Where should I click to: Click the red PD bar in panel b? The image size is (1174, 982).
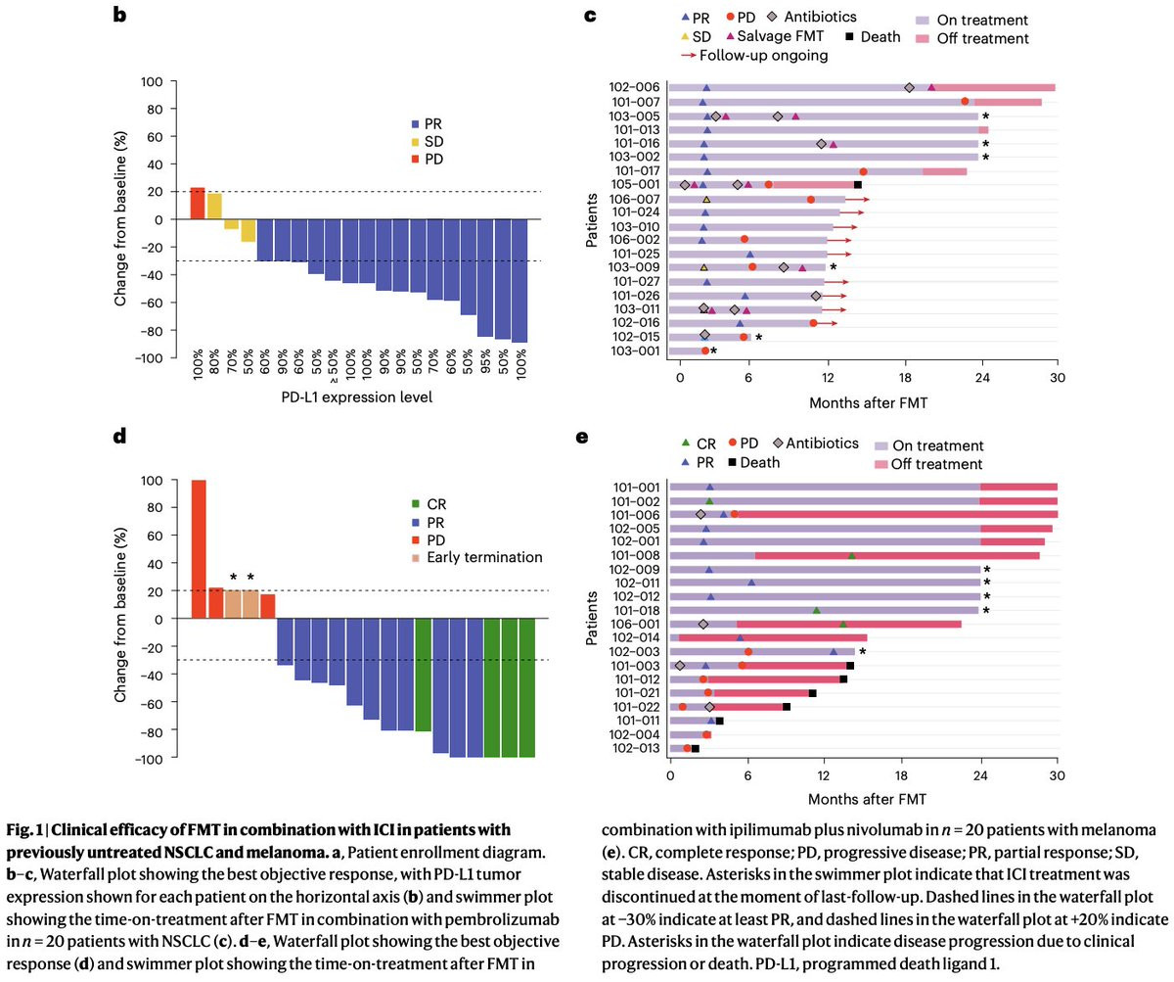click(x=197, y=204)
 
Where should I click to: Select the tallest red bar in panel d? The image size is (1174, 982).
click(x=199, y=548)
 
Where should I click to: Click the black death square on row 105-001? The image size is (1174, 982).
click(x=858, y=185)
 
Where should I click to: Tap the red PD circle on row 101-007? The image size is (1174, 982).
click(x=965, y=102)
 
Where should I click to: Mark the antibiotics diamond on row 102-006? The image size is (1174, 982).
click(x=909, y=88)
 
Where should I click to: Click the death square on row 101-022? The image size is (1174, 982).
click(x=787, y=707)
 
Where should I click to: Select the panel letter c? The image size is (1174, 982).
click(x=589, y=17)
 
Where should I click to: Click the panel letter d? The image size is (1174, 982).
click(x=120, y=438)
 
